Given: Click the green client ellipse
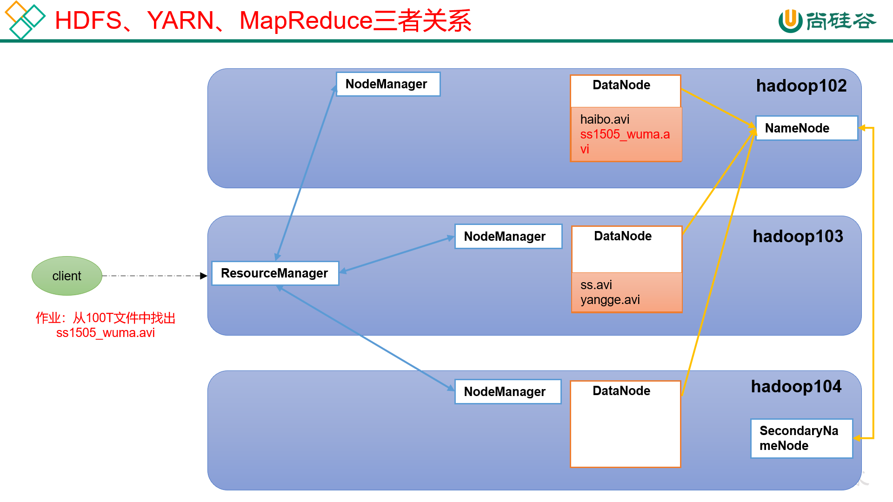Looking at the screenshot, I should (x=67, y=276).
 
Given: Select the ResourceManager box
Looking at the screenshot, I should (x=275, y=273).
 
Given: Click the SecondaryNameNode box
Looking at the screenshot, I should (x=801, y=438).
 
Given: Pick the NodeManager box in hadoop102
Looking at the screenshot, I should (x=388, y=84).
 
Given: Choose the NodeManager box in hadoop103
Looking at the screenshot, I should (x=508, y=237).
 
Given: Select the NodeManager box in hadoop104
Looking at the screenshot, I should (x=507, y=392).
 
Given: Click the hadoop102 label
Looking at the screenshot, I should (x=801, y=86).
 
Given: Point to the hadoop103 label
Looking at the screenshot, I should (x=798, y=237).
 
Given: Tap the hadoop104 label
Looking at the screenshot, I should (x=796, y=387).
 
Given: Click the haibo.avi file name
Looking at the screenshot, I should (x=605, y=119).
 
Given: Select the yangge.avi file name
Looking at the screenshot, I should (x=610, y=300).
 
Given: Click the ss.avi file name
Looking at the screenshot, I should (x=596, y=285).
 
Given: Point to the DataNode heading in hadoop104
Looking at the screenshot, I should (x=621, y=391).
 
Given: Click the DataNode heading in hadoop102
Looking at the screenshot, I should (x=621, y=85).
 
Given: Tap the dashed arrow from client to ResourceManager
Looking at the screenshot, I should (x=153, y=276).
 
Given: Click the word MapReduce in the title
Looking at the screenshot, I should (x=306, y=21).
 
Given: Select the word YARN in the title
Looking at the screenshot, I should (x=180, y=21).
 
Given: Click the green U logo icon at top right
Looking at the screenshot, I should (x=790, y=21).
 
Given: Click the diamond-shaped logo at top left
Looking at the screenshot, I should (x=24, y=20).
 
